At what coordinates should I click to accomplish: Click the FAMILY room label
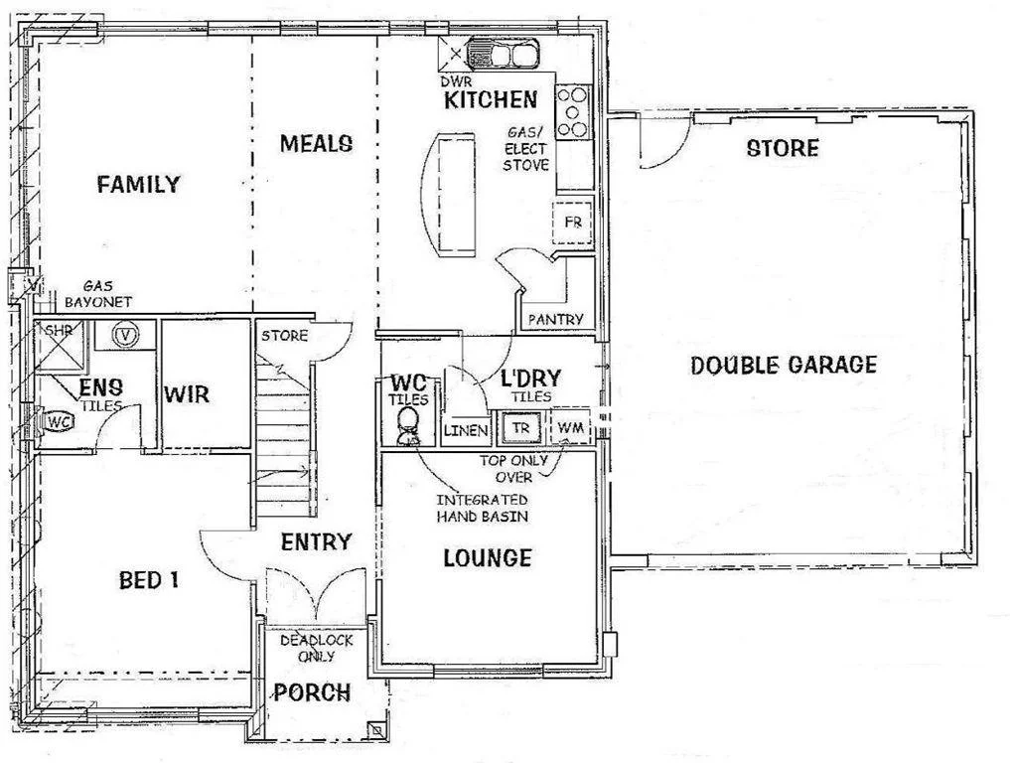(138, 184)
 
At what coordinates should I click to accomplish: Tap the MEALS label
(316, 143)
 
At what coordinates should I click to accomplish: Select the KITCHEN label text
(491, 99)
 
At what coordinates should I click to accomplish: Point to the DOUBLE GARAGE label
(784, 365)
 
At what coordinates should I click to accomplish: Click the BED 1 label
(148, 580)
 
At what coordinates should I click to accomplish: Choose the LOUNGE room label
(487, 558)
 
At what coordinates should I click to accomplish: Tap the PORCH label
(312, 692)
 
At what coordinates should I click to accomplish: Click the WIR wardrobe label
(187, 394)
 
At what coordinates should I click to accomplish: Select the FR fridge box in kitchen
(572, 222)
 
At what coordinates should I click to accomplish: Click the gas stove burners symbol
(573, 111)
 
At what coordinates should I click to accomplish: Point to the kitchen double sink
(503, 53)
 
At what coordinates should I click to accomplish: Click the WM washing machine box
(570, 428)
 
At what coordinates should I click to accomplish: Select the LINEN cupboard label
(465, 430)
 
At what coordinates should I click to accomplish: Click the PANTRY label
(555, 319)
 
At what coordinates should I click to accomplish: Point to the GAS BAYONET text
(98, 293)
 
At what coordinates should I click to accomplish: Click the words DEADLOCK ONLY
(316, 648)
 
